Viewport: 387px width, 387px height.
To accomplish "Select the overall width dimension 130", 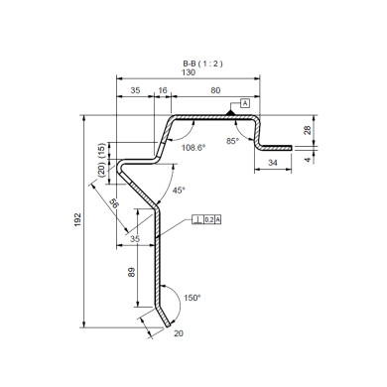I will coord(188,72).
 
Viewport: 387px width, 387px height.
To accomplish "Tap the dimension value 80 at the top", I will coord(215,90).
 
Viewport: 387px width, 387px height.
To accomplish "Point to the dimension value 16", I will coord(163,90).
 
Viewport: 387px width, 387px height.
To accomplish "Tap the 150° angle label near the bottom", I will coord(192,297).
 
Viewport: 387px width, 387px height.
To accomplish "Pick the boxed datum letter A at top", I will coord(243,104).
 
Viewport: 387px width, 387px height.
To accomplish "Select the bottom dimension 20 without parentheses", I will coord(179,333).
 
